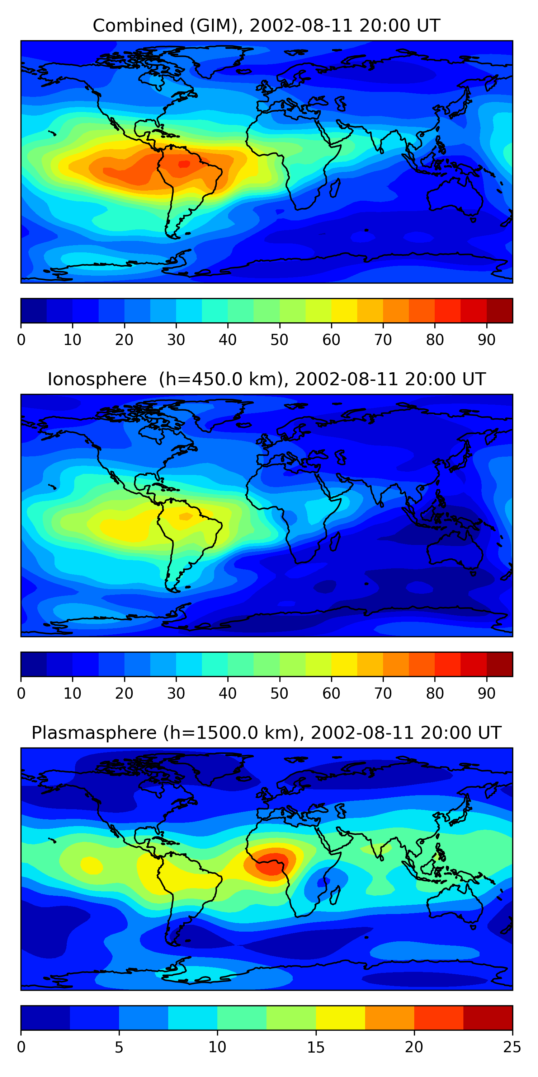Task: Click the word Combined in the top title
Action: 138,26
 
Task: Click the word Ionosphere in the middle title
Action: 97,379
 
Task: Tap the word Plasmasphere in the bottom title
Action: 94,733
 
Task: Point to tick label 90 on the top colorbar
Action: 487,340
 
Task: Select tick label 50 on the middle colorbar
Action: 279,693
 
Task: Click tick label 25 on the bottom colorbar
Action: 512,1047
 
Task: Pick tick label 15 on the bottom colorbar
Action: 316,1047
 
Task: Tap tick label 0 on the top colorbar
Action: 21,340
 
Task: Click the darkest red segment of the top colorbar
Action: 500,311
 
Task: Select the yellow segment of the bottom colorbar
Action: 340,1018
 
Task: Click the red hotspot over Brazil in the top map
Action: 184,164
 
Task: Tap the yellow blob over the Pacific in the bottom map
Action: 91,866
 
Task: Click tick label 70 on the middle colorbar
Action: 383,693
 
